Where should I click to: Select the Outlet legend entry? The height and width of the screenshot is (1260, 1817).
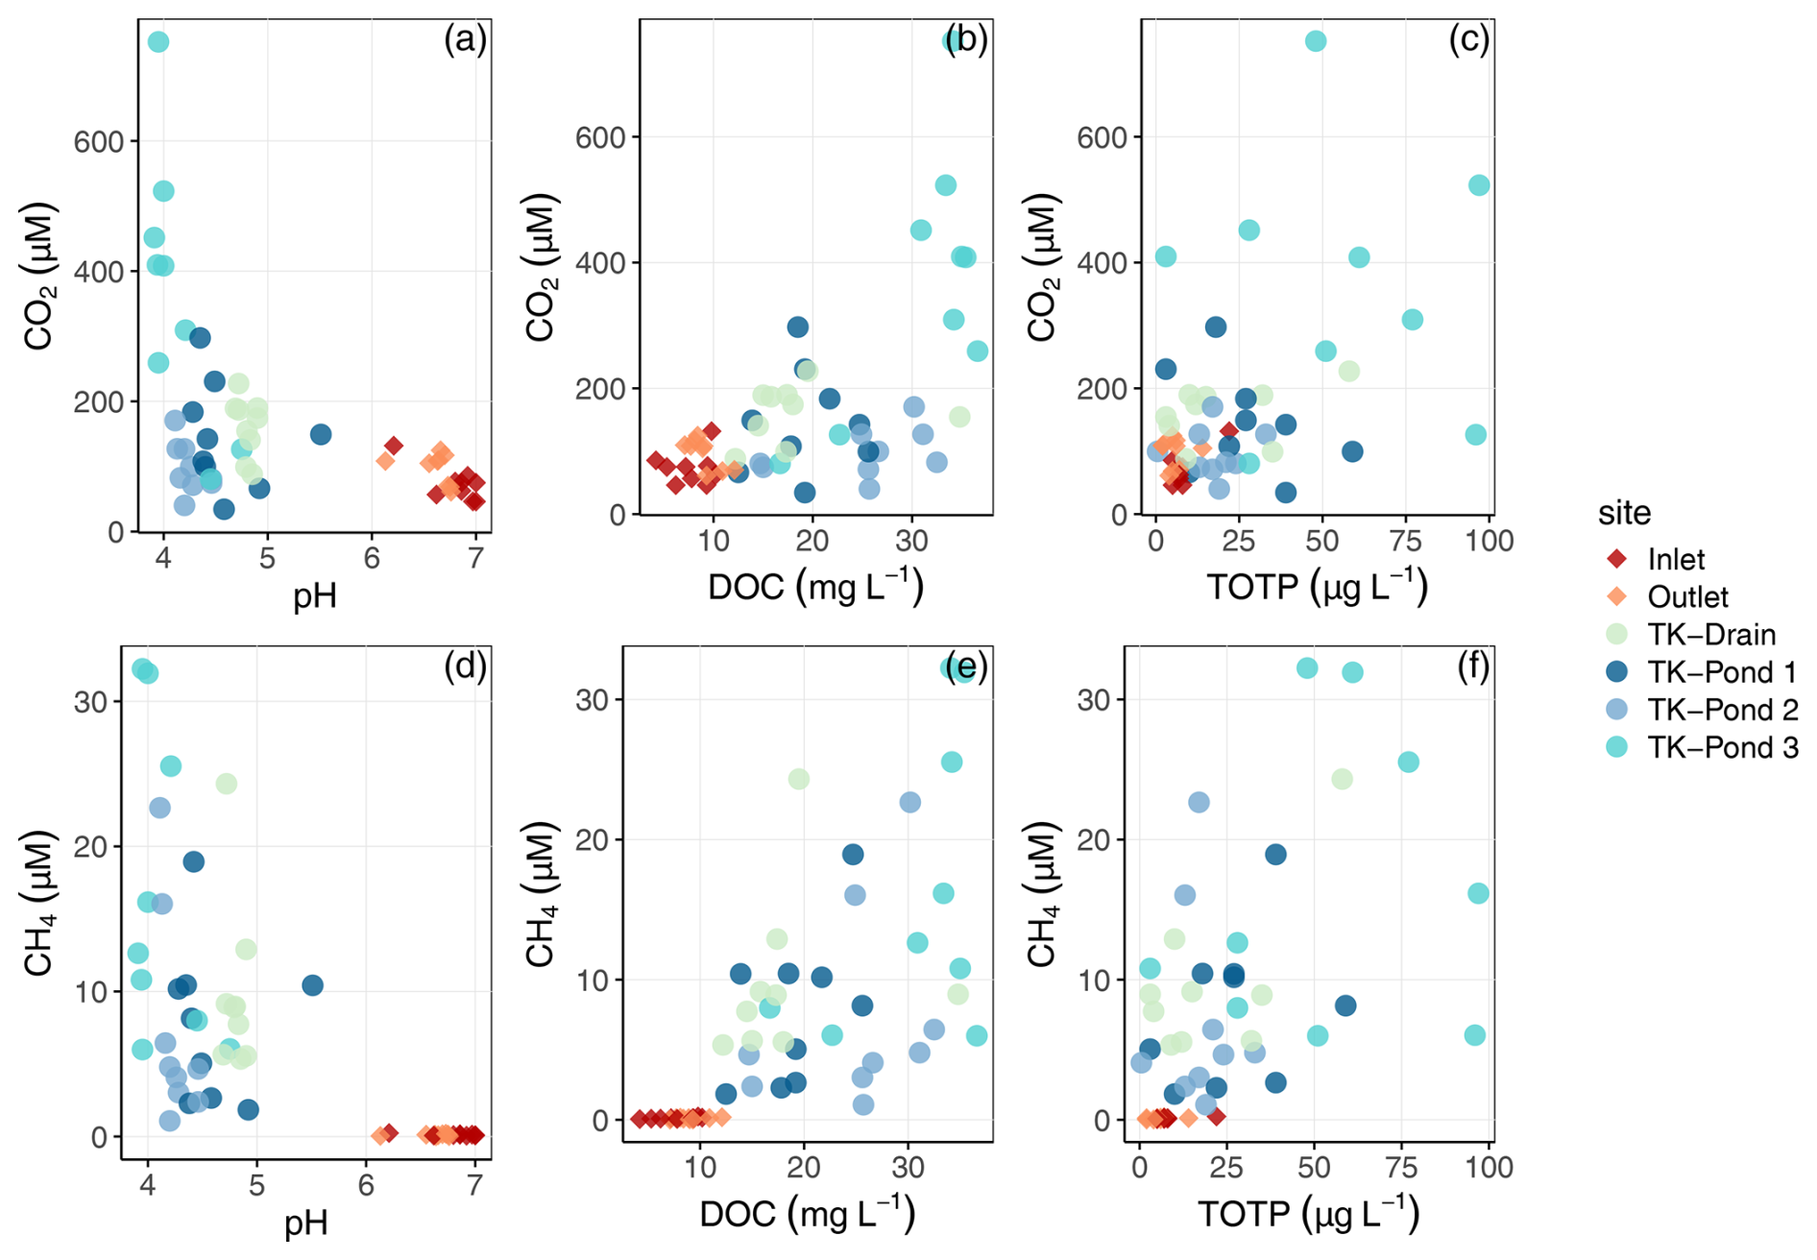(1686, 597)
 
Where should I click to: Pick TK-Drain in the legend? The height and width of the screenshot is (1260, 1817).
(1710, 635)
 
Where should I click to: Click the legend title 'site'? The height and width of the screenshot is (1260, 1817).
(1624, 513)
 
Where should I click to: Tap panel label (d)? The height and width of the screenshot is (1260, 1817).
(465, 666)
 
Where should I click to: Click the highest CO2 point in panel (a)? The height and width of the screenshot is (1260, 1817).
(158, 41)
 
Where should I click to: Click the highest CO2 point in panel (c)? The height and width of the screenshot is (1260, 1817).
(1316, 41)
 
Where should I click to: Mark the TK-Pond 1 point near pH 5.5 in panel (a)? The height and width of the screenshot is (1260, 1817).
(321, 434)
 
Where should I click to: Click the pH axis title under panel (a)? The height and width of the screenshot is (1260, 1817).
(314, 597)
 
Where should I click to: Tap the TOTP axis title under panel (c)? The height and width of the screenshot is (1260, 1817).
(1317, 587)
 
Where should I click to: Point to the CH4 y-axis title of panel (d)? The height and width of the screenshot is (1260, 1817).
(38, 904)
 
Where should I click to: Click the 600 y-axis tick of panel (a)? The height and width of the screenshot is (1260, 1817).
(99, 142)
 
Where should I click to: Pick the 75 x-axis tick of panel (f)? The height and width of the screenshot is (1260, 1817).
(1402, 1168)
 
